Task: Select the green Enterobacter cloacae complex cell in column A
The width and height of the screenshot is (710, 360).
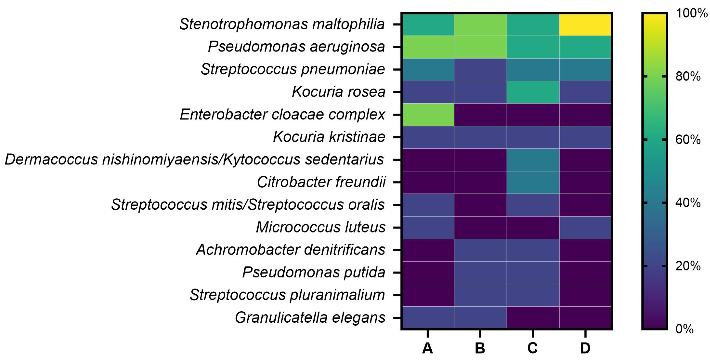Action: (428, 115)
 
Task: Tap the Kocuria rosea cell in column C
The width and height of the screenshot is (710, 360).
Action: (533, 92)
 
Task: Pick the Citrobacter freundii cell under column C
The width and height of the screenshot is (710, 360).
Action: (533, 182)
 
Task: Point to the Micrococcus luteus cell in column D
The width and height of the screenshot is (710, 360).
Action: (585, 227)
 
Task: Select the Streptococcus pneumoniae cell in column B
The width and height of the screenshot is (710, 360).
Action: (480, 70)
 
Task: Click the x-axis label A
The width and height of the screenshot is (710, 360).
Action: (428, 348)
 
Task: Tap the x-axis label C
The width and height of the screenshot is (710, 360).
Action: (533, 348)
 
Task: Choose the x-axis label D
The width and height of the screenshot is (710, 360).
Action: (585, 348)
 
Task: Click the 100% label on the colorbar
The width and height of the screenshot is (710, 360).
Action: (691, 13)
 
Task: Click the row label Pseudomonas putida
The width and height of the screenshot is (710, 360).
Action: (314, 272)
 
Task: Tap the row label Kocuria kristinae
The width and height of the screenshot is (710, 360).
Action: (329, 137)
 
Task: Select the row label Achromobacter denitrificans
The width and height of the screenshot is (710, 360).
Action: (290, 250)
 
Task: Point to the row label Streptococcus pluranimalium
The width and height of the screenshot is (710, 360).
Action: (287, 295)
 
